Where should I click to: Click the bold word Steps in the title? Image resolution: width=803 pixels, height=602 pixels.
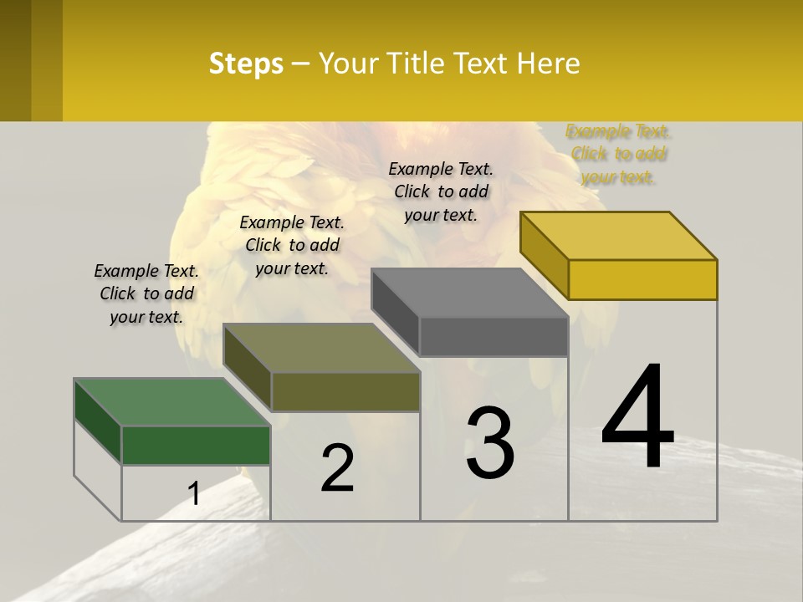pyautogui.click(x=246, y=64)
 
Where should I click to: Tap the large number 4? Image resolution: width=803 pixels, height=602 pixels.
pyautogui.click(x=637, y=418)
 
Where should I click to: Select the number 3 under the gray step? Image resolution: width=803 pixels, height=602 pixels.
pyautogui.click(x=490, y=443)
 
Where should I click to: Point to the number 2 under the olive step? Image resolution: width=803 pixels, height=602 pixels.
pyautogui.click(x=338, y=469)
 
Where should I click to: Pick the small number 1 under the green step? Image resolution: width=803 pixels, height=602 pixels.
pyautogui.click(x=193, y=494)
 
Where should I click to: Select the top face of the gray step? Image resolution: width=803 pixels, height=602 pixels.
pyautogui.click(x=469, y=293)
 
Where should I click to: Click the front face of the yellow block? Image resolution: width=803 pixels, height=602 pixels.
pyautogui.click(x=642, y=279)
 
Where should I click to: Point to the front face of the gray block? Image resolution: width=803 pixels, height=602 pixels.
pyautogui.click(x=494, y=337)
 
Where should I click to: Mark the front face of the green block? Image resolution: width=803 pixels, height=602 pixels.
pyautogui.click(x=196, y=445)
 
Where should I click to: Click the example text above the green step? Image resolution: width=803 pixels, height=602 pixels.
pyautogui.click(x=146, y=293)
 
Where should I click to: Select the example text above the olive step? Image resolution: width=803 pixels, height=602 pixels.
pyautogui.click(x=292, y=245)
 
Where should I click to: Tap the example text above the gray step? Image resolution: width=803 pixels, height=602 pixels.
pyautogui.click(x=441, y=191)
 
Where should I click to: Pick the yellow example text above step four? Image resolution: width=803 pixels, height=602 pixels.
pyautogui.click(x=618, y=154)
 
